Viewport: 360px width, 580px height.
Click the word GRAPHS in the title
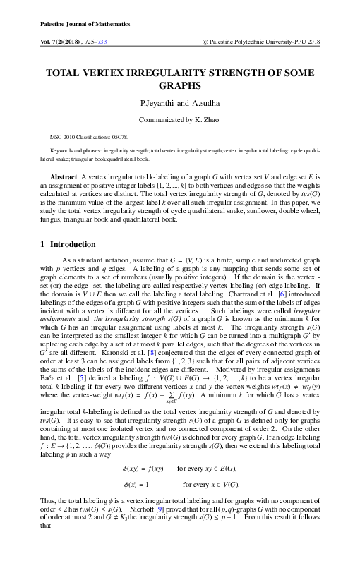point(180,85)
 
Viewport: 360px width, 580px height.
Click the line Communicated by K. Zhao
point(180,120)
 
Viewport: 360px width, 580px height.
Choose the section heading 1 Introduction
point(68,244)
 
